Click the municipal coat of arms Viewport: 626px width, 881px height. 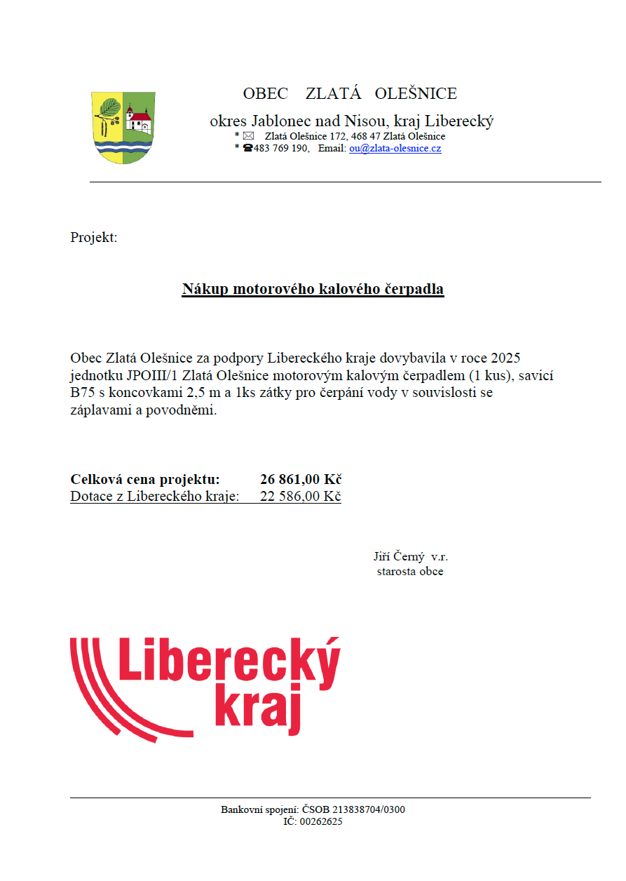click(x=124, y=128)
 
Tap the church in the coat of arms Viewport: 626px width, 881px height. click(x=139, y=118)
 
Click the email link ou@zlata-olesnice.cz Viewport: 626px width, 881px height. click(x=395, y=149)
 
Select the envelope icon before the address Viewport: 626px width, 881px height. click(x=248, y=136)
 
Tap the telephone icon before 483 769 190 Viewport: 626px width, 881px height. click(x=247, y=149)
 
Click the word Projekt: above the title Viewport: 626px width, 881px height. click(x=94, y=237)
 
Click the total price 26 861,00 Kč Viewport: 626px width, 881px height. click(x=300, y=480)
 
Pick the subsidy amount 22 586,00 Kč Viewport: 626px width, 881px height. click(x=300, y=497)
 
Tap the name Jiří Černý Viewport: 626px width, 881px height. click(x=400, y=557)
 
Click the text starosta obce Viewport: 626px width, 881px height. click(x=410, y=572)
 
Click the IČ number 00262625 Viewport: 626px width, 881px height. click(x=321, y=822)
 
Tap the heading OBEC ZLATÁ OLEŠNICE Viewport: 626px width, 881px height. click(x=350, y=94)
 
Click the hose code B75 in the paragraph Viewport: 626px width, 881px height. click(x=83, y=393)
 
